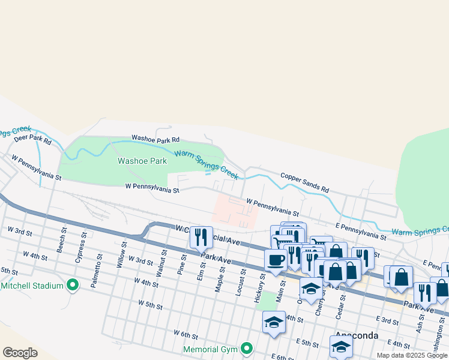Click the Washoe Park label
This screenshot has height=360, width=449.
coord(142,161)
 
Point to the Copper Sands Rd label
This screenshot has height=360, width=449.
coord(304,181)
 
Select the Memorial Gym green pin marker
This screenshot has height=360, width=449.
coord(246,348)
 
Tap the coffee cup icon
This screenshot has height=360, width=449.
coord(276,260)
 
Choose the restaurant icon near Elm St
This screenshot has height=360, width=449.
coord(201,237)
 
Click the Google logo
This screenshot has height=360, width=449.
coord(20,353)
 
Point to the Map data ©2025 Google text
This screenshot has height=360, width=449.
coord(412,355)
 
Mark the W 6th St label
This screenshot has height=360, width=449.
coord(185,332)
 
